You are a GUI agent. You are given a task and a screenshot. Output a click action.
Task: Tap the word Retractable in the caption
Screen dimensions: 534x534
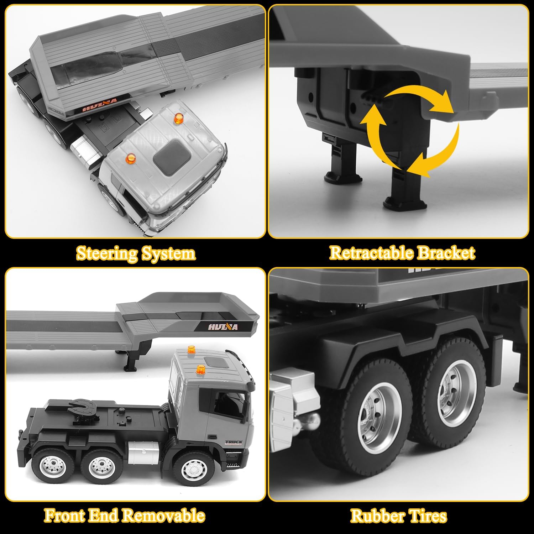pos(371,253)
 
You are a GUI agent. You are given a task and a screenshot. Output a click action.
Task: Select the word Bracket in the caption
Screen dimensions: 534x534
pos(446,253)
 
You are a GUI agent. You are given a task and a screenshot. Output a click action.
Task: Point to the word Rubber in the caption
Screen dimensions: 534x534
pos(378,516)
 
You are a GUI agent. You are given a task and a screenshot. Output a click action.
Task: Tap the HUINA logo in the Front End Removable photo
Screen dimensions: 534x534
pos(224,326)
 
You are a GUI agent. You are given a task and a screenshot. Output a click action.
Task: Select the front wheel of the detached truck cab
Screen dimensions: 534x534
pos(194,470)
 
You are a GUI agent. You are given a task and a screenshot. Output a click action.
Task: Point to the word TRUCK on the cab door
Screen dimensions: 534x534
pos(234,442)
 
